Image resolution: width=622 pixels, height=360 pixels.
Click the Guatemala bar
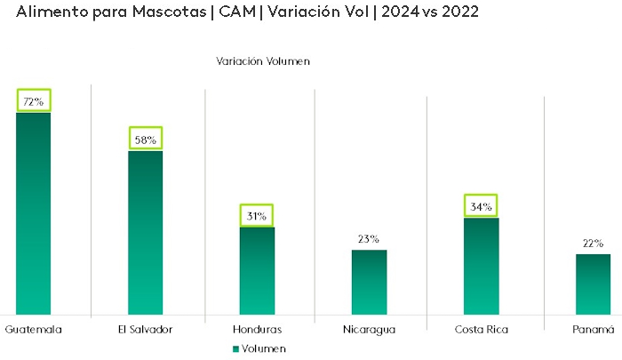33,213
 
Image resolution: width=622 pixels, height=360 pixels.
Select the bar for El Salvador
145,233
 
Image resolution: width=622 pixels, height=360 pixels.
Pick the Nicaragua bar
369,282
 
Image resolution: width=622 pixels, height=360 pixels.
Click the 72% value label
34,101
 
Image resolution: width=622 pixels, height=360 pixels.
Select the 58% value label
146,140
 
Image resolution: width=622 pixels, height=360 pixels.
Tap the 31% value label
257,216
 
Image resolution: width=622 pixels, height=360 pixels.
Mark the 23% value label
369,239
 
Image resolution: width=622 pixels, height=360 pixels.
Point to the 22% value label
593,244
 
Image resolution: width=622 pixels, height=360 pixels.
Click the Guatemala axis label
34,330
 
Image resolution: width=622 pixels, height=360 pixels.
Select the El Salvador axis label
145,330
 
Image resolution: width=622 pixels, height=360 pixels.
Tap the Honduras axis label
257,330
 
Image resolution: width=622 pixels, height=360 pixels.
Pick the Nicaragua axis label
369,330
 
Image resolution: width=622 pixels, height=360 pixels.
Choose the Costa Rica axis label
481,330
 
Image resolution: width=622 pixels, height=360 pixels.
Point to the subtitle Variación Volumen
262,61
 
